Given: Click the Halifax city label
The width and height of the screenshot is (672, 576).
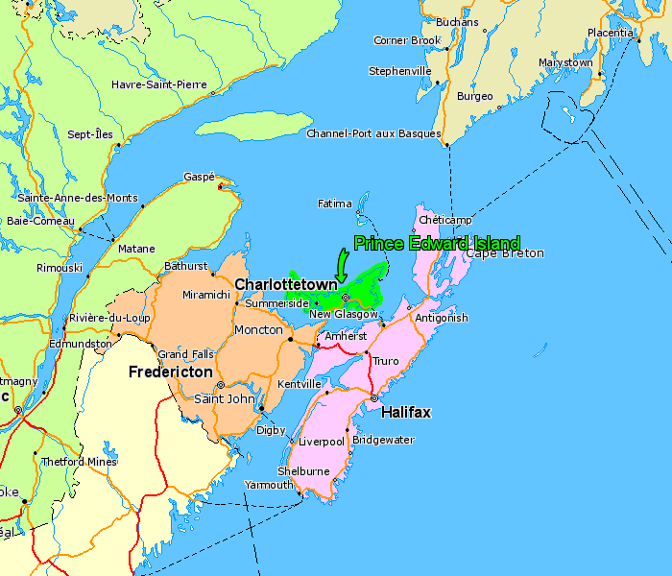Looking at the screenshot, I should point(406,412).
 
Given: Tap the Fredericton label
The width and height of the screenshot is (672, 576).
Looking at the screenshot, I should point(171,371).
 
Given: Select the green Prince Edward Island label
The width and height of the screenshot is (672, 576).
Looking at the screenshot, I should point(437,243).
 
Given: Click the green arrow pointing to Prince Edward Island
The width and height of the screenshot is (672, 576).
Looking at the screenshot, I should point(341,262).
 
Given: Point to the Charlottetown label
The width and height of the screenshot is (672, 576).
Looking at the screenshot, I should point(286,284).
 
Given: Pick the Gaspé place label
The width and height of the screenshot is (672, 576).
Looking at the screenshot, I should point(199,177).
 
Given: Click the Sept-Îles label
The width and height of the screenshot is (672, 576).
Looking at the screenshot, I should point(89,134).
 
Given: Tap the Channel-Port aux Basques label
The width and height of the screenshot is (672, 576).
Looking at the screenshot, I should point(373,133).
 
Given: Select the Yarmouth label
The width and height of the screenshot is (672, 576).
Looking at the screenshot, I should point(269,485).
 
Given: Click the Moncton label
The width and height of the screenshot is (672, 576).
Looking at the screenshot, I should point(258,329).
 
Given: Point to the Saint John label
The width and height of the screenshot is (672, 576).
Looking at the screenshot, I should point(224,398).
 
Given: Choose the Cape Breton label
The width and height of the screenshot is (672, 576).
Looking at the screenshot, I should point(505,253).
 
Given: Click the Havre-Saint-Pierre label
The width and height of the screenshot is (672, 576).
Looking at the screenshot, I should point(159,84).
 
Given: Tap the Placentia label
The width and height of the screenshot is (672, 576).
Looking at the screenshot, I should point(610,32).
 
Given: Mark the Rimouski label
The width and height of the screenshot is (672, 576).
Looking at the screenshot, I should point(59,268).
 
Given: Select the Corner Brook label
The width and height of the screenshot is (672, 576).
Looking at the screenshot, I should point(407,40).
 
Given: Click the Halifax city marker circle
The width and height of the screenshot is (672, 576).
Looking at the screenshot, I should point(374,397).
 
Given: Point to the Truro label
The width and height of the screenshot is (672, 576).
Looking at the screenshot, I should point(385,361).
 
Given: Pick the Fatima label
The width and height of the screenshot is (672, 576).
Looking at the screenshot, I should point(335,204).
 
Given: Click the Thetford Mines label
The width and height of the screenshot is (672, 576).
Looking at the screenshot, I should point(79,462).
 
